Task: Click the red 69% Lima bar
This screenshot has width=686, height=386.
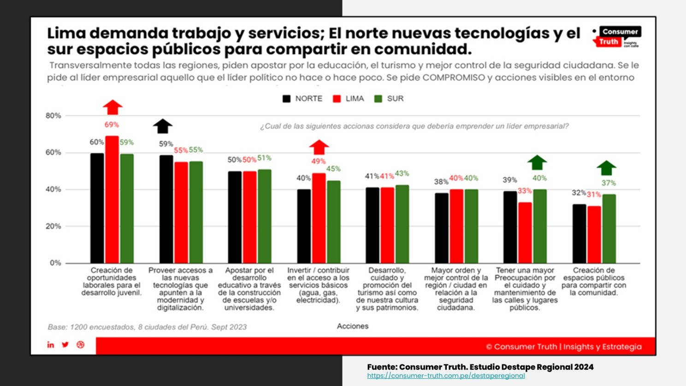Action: pos(112,199)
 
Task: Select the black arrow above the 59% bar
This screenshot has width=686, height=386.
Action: pos(163,126)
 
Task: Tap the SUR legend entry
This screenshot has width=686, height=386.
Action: pos(390,99)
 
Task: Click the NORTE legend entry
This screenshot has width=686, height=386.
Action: pos(302,99)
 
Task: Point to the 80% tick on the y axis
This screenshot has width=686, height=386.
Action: pos(53,116)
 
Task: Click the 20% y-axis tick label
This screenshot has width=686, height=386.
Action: pos(53,226)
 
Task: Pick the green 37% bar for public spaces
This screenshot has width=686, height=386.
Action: pos(609,228)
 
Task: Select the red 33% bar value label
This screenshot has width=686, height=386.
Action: pos(525,191)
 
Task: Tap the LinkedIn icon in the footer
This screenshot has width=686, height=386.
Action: pos(51,345)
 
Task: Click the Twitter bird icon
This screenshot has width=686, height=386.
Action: pos(65,345)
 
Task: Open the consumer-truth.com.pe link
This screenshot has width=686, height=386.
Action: pos(446,376)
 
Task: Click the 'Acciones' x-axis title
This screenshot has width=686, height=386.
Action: pos(353,327)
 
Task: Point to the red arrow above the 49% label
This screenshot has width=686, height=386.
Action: pos(319,147)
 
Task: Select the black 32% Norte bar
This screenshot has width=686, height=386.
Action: pos(579,233)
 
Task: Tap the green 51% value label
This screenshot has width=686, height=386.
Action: pos(265,158)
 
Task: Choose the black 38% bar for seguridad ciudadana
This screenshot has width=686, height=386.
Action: pos(442,228)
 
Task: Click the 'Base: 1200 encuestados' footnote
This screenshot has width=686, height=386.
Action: pos(147,327)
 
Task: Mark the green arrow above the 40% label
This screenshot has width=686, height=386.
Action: pos(537,162)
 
